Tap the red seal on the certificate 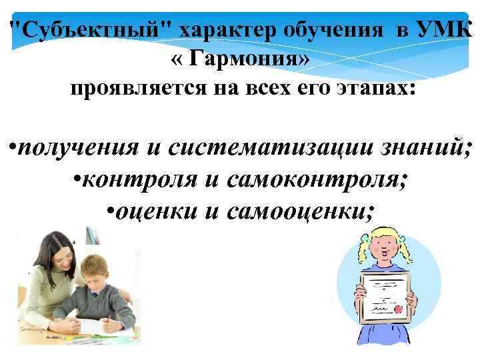[x=397, y=311]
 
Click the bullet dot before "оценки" [x=111, y=212]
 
